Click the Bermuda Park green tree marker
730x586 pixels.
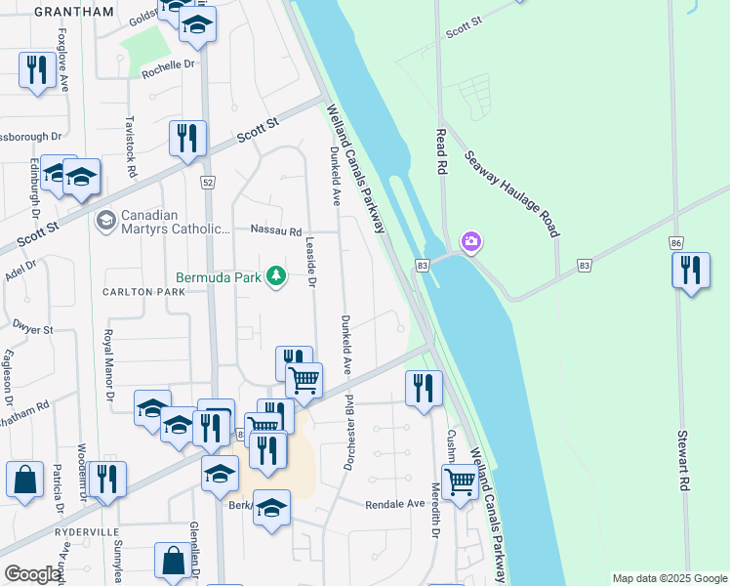(276, 277)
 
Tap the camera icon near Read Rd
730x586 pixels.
(470, 241)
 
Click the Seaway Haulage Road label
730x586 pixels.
(512, 193)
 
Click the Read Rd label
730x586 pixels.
(441, 151)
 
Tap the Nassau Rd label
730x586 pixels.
(276, 232)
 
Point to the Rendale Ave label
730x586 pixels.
(395, 504)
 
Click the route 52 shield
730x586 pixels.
(208, 183)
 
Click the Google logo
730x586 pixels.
(32, 574)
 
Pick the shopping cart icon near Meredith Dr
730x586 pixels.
(459, 481)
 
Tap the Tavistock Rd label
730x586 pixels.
(130, 146)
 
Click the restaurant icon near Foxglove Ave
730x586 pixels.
(37, 69)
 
